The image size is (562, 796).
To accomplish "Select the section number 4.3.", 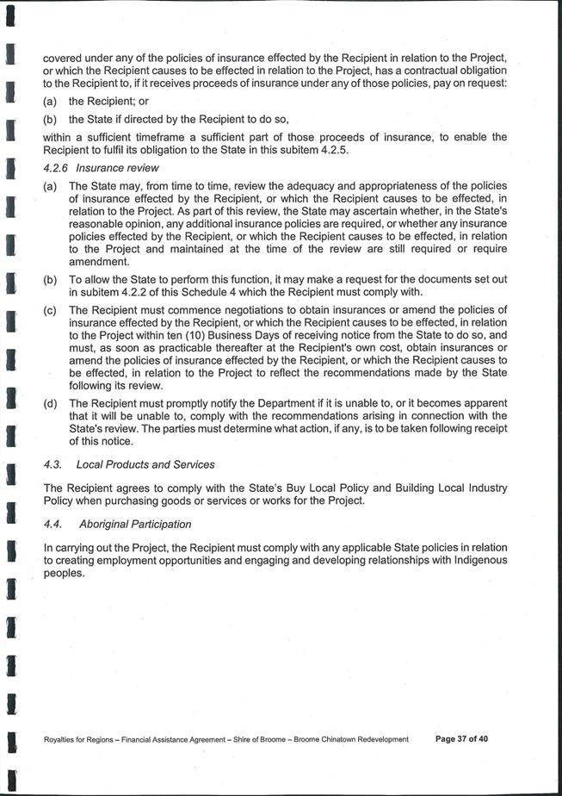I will (x=53, y=464).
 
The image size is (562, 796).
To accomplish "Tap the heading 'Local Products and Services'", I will (x=145, y=464).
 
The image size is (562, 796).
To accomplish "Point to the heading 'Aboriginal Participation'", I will (x=135, y=524).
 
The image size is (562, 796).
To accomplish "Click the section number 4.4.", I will (x=53, y=524).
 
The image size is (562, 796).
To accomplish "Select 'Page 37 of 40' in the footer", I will (x=461, y=739).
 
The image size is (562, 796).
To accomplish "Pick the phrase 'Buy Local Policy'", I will (x=267, y=488).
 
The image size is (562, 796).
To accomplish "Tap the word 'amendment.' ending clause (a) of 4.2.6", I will (x=99, y=262).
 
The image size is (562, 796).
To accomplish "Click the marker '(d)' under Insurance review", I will (x=51, y=403).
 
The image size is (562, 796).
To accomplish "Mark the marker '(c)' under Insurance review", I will (x=51, y=309).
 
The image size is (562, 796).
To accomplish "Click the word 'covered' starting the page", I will (x=62, y=58).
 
